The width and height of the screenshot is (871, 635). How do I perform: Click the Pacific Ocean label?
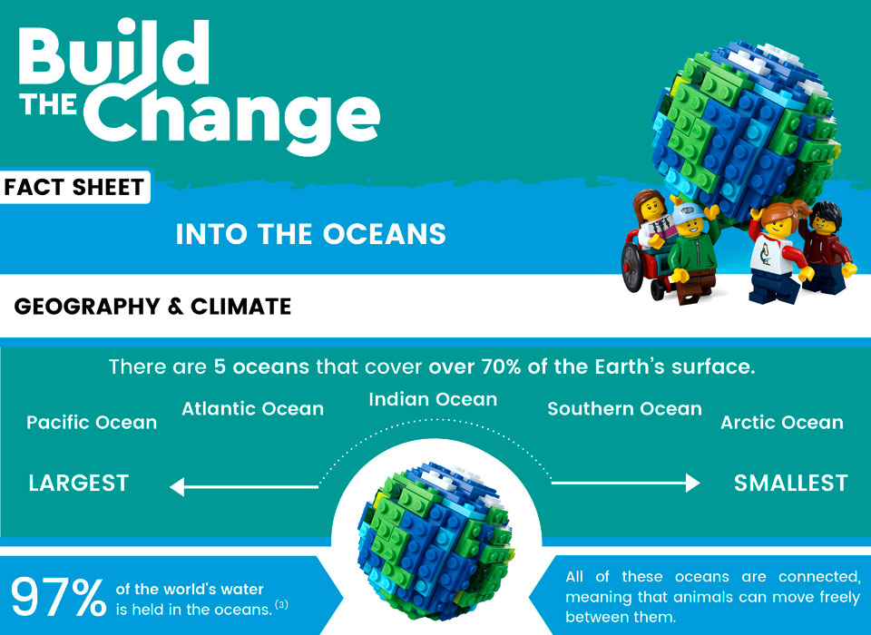coord(92,423)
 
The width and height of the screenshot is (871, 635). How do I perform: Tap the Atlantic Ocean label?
coord(252,409)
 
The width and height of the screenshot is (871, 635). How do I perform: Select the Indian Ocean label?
coord(433,399)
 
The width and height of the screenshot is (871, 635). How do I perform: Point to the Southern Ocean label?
coord(624,409)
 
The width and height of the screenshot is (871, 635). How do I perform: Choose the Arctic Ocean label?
coord(781,423)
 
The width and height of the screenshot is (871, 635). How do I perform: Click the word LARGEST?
coord(79,483)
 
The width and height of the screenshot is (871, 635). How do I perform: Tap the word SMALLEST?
coord(790,483)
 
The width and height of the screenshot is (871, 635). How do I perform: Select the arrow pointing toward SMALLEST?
coord(626,484)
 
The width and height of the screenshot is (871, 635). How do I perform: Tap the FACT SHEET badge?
coord(74,188)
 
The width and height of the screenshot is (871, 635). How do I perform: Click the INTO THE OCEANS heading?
coord(310,235)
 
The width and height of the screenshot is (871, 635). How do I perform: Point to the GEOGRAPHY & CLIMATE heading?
coord(152,307)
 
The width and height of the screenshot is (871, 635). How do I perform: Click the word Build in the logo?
coord(113,56)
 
